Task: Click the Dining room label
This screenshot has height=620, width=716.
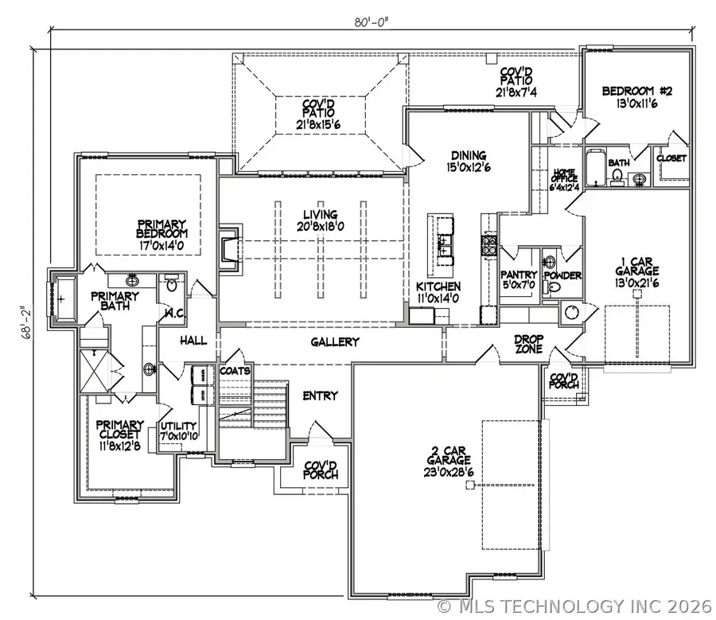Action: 468,162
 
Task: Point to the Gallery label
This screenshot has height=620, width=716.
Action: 334,341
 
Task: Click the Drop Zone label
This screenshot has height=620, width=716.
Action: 527,344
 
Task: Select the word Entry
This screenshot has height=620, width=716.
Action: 320,395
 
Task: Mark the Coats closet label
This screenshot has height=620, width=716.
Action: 235,370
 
